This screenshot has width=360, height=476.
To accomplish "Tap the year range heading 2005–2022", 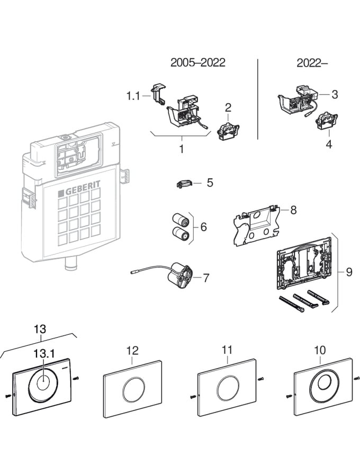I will coord(197,62).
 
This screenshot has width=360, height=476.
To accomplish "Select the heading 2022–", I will coord(312,62).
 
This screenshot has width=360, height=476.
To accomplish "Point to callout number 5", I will coord(210,182).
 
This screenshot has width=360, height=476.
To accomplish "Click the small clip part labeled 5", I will coord(183,184).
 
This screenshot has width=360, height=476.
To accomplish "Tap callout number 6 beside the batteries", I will coord(204,227).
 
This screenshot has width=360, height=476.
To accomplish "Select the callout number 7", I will coord(206,277).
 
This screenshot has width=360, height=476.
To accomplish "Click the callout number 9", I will coord(349,272).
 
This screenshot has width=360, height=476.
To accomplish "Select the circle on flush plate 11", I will coord(228,389).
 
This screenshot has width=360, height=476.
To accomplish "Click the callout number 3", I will coord(335,94).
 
